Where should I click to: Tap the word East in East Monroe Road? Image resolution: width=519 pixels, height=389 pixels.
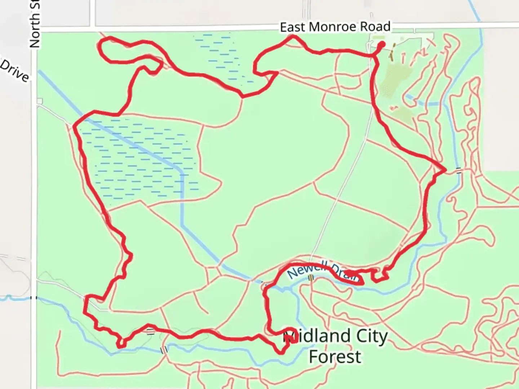pyautogui.click(x=292, y=27)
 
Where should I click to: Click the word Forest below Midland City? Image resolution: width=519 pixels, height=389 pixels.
pyautogui.click(x=335, y=357)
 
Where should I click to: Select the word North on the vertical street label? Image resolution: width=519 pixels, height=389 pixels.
pyautogui.click(x=35, y=30)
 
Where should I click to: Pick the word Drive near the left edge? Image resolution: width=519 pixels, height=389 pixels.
pyautogui.click(x=14, y=72)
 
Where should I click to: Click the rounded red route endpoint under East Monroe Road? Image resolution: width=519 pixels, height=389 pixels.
pyautogui.click(x=382, y=44)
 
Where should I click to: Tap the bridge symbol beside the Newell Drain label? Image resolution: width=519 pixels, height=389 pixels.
pyautogui.click(x=311, y=277)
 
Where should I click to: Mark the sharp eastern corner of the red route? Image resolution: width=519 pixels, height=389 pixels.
pyautogui.click(x=445, y=169)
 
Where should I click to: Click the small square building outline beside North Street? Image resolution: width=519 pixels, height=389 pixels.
pyautogui.click(x=39, y=101)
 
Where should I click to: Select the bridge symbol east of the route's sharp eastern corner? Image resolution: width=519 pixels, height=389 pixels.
pyautogui.click(x=458, y=170)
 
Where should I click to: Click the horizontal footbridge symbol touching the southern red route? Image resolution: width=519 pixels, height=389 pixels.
pyautogui.click(x=150, y=331)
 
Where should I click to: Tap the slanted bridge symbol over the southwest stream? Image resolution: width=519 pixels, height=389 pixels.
pyautogui.click(x=164, y=349)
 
